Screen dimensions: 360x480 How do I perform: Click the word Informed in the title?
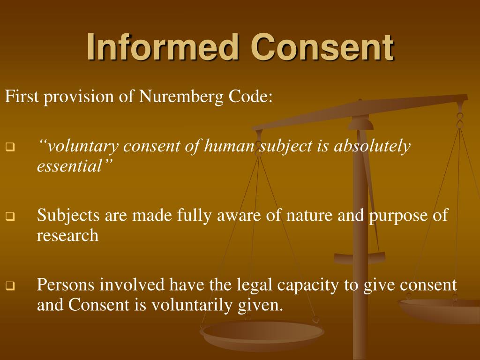pyautogui.click(x=162, y=48)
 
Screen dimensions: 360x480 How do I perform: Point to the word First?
pyautogui.click(x=22, y=97)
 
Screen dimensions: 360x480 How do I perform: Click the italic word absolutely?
pyautogui.click(x=372, y=147)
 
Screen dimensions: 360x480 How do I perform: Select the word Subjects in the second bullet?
pyautogui.click(x=68, y=216)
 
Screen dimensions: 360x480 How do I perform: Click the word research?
pyautogui.click(x=67, y=235)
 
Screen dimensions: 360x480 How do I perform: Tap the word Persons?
pyautogui.click(x=66, y=285)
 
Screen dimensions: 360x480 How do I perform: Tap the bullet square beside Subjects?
pyautogui.click(x=10, y=217)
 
